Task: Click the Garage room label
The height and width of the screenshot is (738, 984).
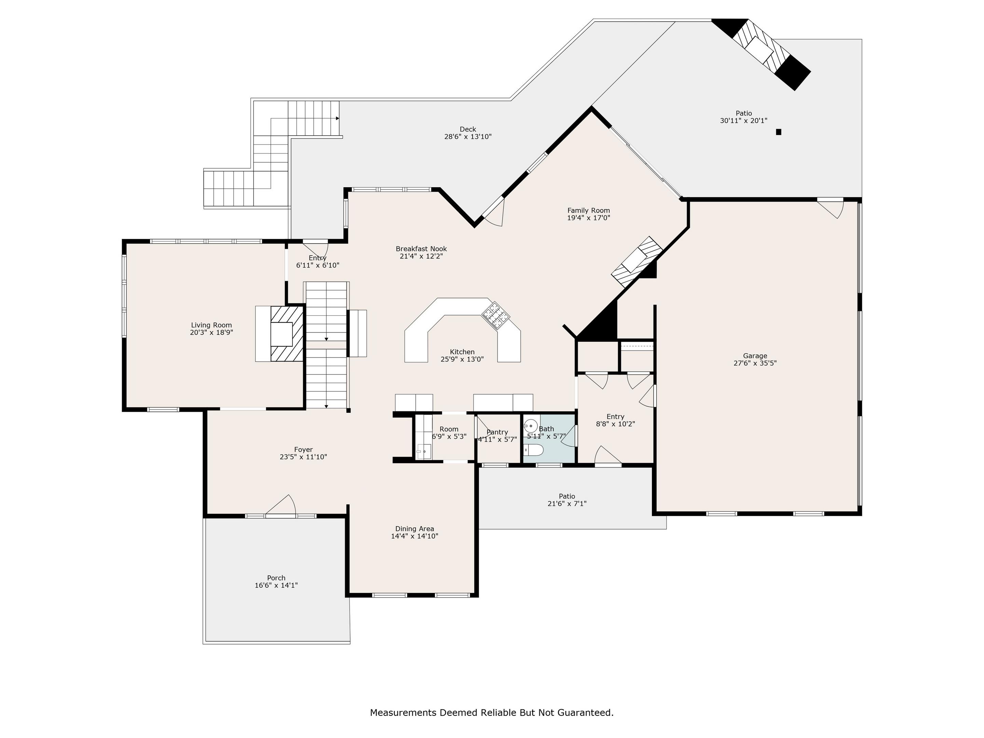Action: click(755, 356)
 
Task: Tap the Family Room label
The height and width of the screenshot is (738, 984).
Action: click(589, 210)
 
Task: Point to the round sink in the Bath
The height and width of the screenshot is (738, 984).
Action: click(530, 426)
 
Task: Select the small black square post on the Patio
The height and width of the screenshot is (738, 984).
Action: click(778, 132)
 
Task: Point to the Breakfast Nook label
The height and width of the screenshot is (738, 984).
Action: click(421, 249)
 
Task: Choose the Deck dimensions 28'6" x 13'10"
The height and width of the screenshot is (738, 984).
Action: click(468, 137)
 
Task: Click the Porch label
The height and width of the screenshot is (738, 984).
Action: click(276, 578)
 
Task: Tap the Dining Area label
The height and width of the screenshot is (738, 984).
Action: click(414, 529)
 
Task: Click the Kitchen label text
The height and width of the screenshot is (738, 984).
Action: click(462, 352)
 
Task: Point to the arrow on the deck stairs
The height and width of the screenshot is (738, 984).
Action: click(338, 118)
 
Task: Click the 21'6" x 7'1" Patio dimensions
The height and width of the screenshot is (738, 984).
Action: click(567, 504)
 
